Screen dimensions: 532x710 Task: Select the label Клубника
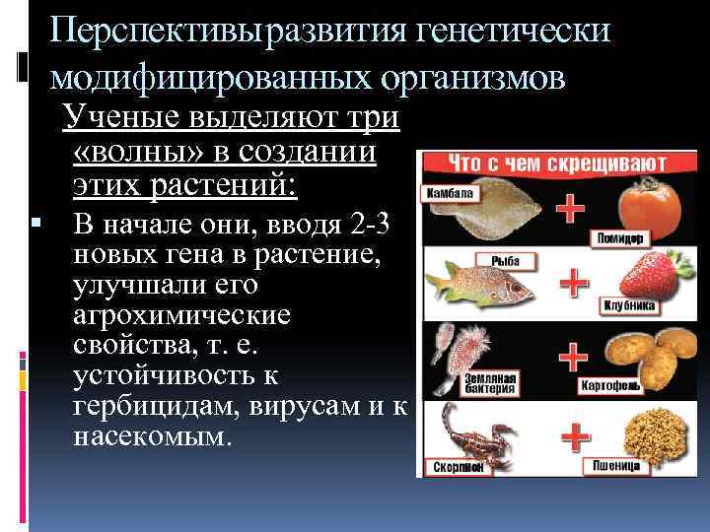click(629, 306)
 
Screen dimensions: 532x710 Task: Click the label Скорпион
click(452, 467)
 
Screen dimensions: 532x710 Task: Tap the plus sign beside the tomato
click(570, 208)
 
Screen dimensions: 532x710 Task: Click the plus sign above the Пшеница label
click(572, 431)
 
